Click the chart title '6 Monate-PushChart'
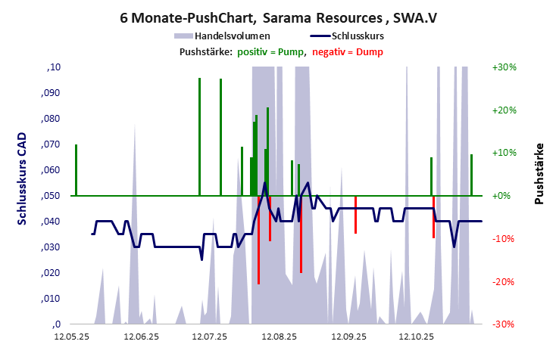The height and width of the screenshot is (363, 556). tap(178, 16)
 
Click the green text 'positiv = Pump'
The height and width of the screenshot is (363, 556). tap(270, 51)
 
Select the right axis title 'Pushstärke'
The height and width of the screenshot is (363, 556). tap(539, 174)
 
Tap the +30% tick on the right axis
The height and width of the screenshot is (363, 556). tap(504, 67)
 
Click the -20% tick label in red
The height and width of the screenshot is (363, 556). tap(504, 281)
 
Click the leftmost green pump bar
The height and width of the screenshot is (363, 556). tap(76, 169)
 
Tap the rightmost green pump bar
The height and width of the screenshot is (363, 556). tap(471, 175)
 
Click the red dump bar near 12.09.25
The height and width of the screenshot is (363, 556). tap(355, 215)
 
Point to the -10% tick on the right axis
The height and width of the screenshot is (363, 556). tap(504, 239)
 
